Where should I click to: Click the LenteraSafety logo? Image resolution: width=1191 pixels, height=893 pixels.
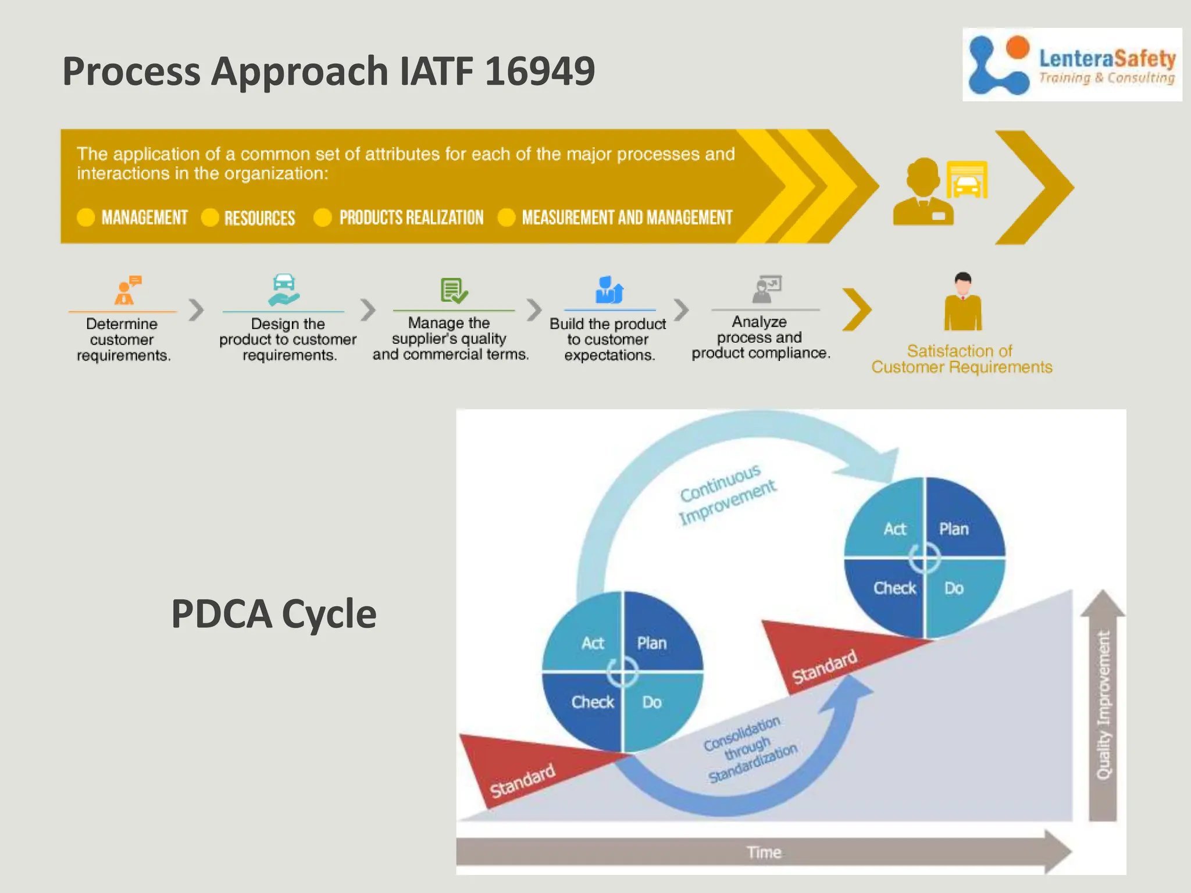(1071, 65)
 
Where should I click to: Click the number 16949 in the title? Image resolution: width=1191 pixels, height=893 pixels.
(539, 72)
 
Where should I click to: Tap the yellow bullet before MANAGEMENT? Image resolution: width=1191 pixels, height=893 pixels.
(85, 217)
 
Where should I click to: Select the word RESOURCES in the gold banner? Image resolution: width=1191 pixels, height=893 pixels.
(259, 218)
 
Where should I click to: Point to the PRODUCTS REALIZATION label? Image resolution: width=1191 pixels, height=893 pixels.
(411, 217)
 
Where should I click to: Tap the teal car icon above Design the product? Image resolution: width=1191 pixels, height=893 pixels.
(284, 290)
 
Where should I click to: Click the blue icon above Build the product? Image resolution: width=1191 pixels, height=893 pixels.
(608, 290)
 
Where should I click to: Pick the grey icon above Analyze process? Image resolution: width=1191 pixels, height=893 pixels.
(766, 289)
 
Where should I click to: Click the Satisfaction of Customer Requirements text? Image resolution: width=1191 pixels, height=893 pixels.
(961, 359)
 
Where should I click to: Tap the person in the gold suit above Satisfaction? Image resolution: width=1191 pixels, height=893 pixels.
(963, 302)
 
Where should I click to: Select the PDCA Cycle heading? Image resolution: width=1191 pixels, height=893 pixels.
(273, 614)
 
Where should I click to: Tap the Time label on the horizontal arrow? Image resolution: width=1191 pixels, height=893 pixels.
(764, 852)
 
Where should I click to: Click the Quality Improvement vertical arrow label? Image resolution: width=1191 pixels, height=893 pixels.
(1103, 705)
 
